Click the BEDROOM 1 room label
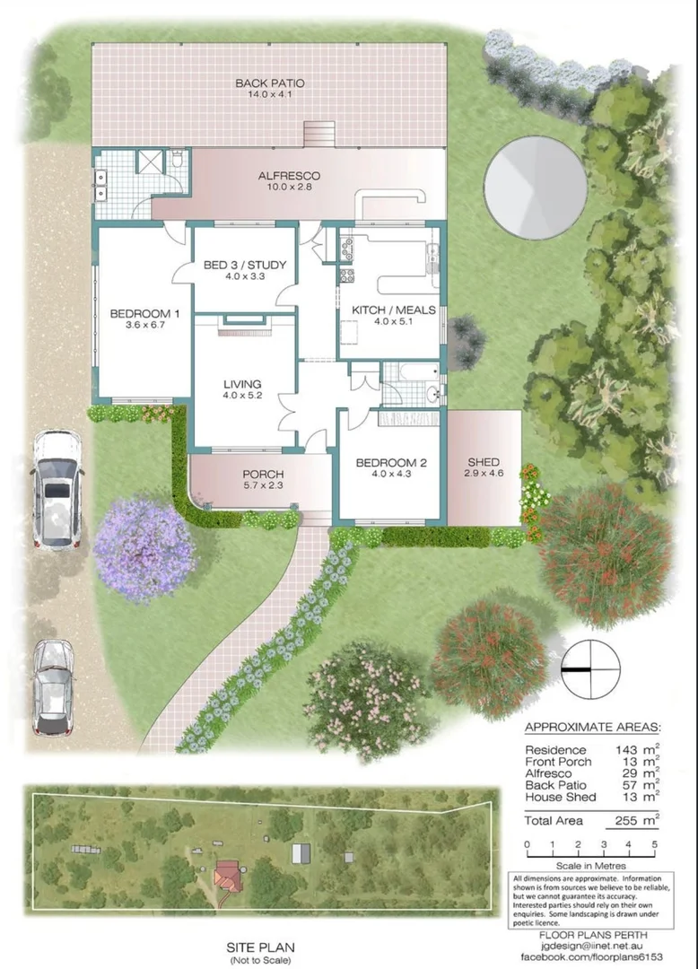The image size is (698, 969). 145,314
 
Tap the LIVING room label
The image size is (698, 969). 242,385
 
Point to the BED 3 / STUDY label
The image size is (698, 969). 245,265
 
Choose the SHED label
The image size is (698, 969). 484,463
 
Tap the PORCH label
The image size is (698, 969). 263,475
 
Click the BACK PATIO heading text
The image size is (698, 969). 270,83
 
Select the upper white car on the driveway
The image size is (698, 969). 57,489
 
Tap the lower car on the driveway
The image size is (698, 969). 51,686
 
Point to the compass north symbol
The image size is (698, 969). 591,669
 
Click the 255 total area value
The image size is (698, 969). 626,820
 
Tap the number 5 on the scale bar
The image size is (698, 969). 655,844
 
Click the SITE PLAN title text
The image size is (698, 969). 261,947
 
